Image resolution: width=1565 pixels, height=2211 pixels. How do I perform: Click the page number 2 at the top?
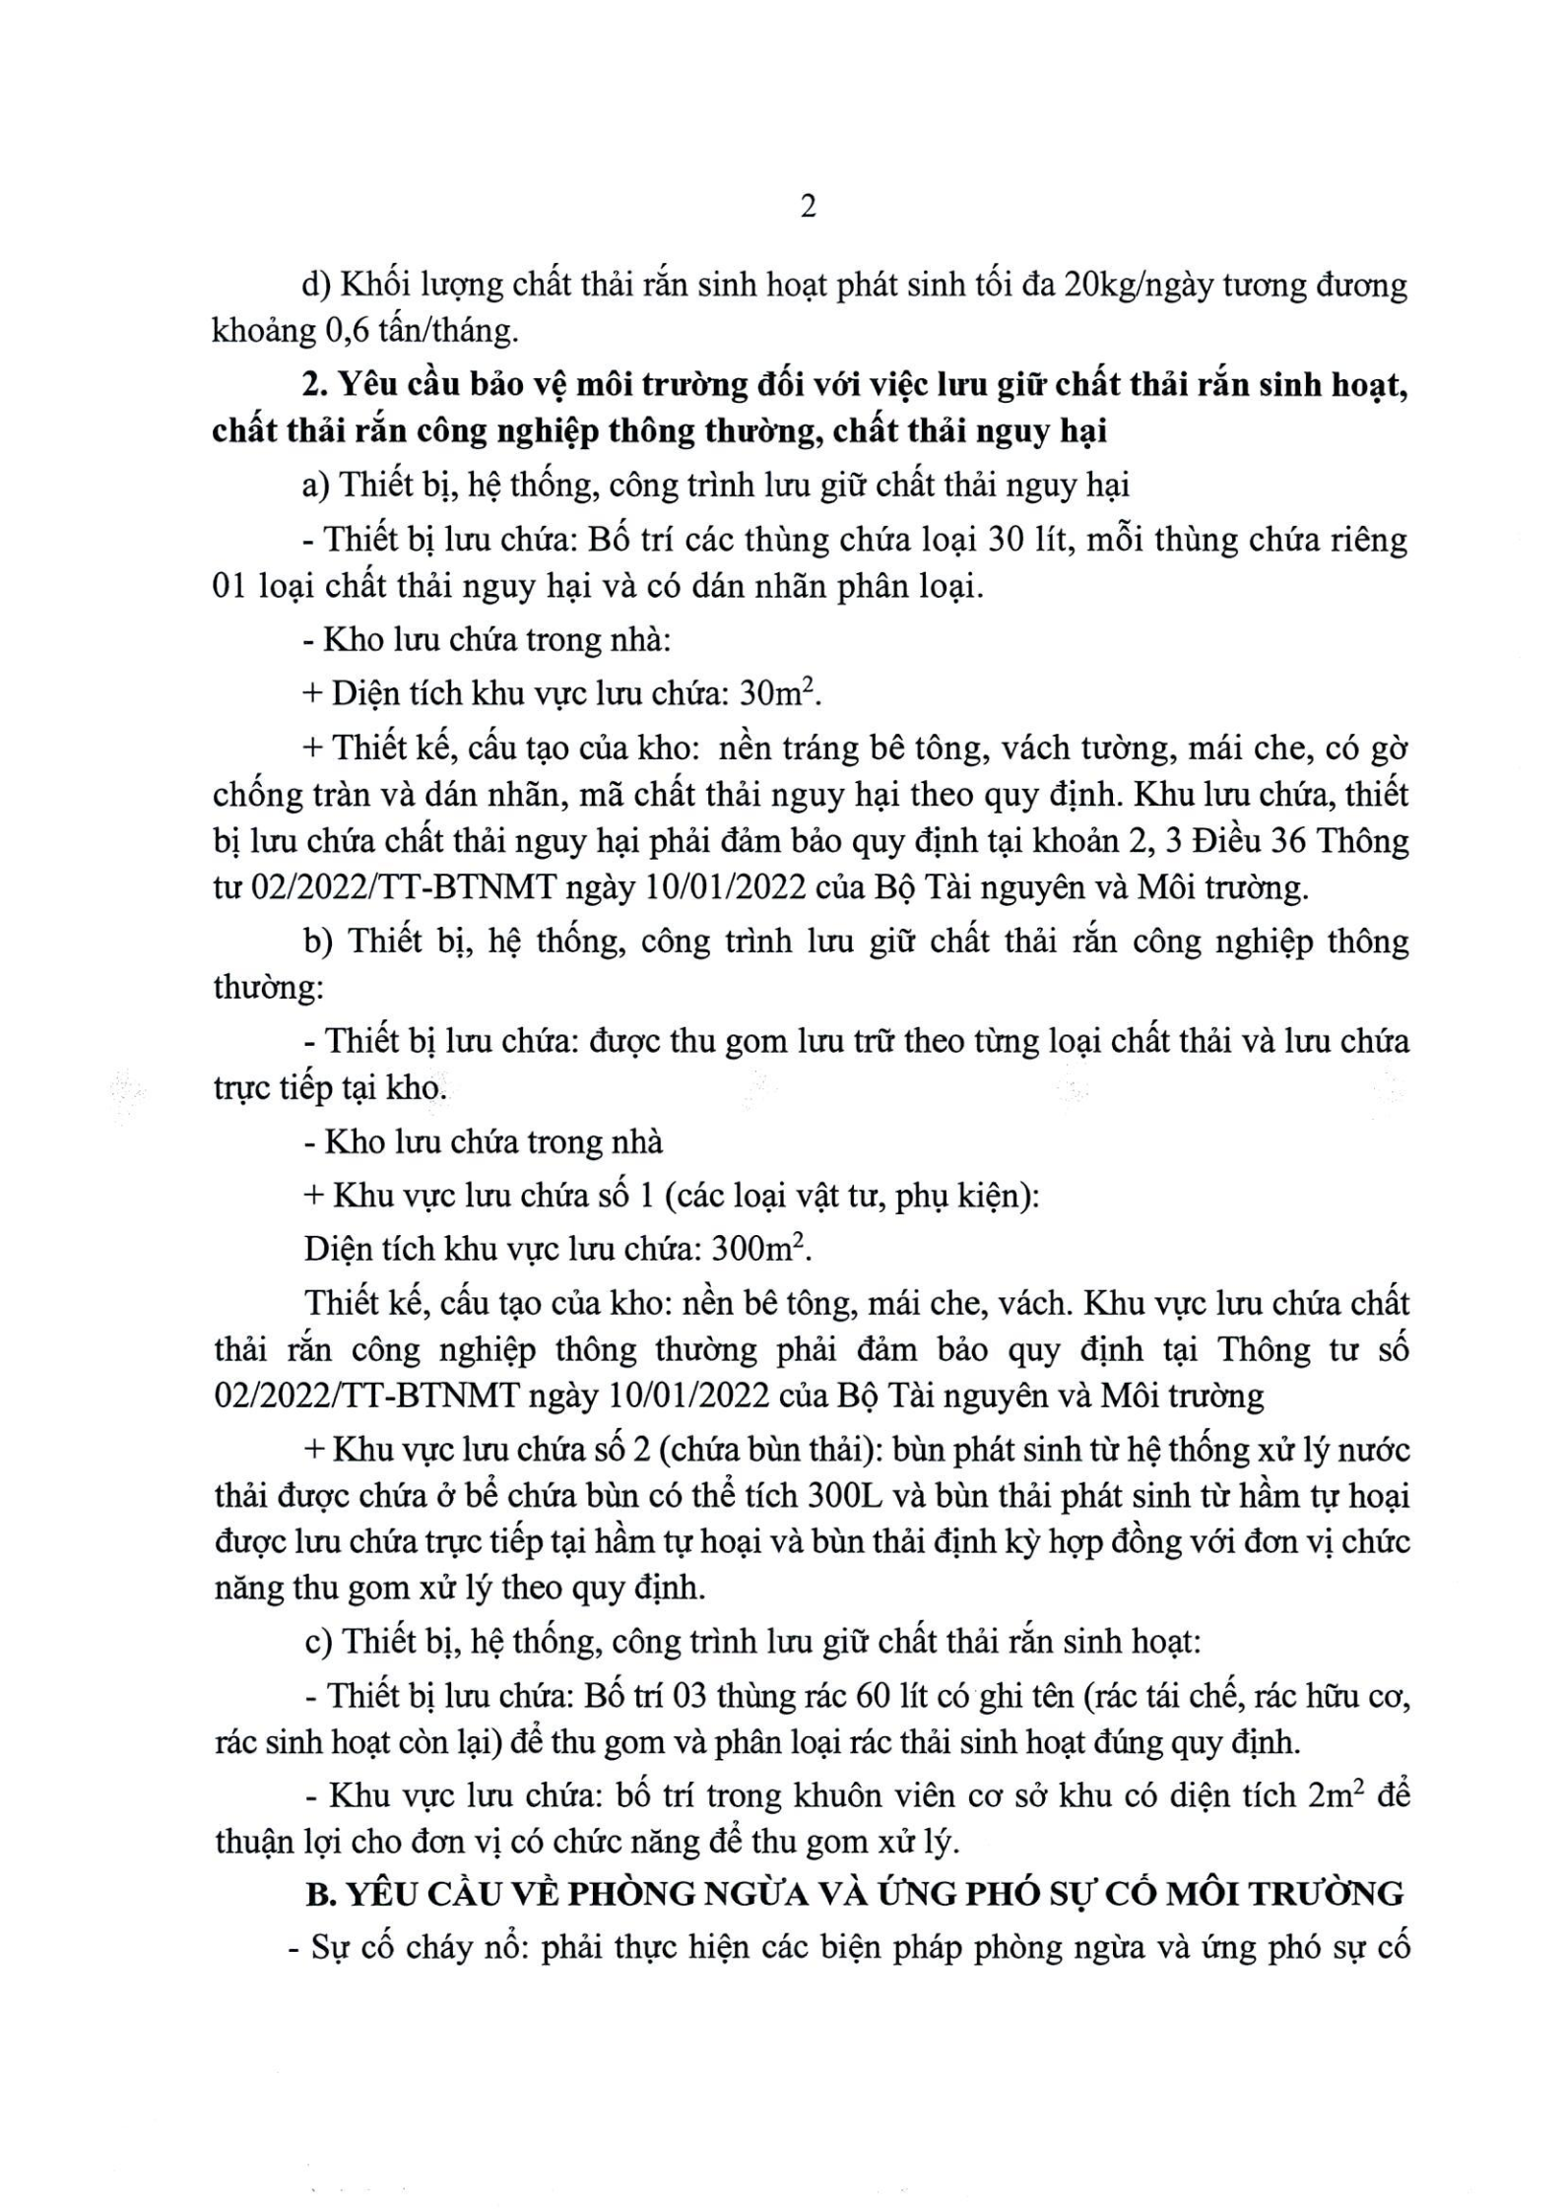(807, 208)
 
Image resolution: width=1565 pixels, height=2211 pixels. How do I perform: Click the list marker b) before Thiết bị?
(320, 942)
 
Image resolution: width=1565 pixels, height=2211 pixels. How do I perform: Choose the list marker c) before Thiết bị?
(318, 1644)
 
